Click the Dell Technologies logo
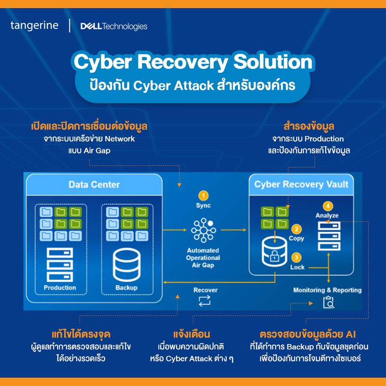tap(114, 26)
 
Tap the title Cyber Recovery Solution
tap(193, 62)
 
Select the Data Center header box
tap(94, 184)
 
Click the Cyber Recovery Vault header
tap(301, 184)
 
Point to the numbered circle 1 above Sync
tap(204, 195)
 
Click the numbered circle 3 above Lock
tap(297, 257)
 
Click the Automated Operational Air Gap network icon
tap(203, 231)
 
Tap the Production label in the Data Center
tap(60, 288)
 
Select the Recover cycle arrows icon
tap(205, 302)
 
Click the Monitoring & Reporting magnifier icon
tap(328, 302)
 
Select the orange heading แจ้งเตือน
tap(192, 334)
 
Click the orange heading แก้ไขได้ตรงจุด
tap(81, 334)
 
